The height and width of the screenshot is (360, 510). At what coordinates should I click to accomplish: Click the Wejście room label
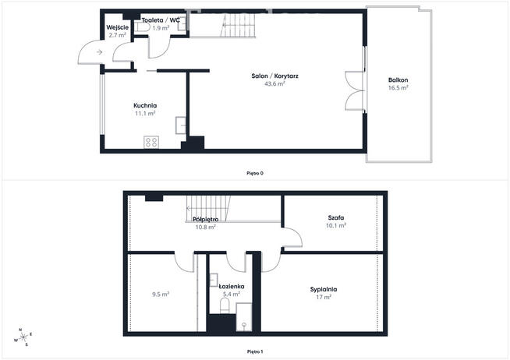(117, 27)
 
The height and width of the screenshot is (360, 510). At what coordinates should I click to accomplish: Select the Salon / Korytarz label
(275, 76)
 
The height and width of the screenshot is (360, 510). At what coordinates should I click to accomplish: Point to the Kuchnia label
(145, 105)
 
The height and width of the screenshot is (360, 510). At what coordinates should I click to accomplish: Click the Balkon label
(398, 80)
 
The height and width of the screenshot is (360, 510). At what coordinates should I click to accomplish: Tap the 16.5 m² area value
(398, 88)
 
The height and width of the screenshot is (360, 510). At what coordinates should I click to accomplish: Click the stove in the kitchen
(151, 142)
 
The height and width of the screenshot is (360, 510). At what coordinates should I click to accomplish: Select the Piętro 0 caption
(254, 173)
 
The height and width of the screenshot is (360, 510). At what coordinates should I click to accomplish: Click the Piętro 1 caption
(254, 352)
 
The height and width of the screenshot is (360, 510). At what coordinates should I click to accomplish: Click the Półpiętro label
(206, 220)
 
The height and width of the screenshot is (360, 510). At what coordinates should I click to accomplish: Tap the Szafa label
(337, 217)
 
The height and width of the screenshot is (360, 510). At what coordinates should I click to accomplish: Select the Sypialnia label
(323, 289)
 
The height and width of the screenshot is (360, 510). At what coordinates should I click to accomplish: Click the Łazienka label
(232, 287)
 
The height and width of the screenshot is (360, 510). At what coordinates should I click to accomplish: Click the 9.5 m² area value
(161, 294)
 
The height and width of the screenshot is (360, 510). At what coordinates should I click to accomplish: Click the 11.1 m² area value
(145, 113)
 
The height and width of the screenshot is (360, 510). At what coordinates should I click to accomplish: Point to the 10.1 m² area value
(337, 225)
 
